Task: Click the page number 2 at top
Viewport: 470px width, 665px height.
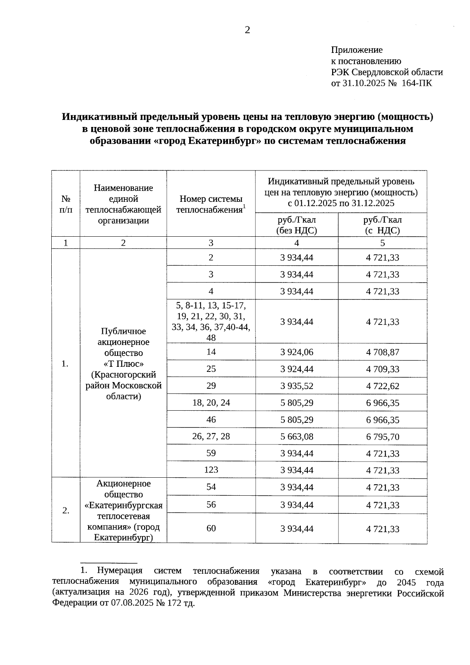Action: (x=247, y=30)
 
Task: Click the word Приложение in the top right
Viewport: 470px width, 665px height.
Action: (x=356, y=50)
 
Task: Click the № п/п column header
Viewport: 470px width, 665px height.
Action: (x=66, y=204)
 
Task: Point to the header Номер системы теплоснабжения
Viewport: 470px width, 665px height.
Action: (x=211, y=204)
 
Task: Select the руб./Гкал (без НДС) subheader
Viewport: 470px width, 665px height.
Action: (x=296, y=225)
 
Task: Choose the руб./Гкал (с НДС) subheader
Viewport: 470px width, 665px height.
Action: (x=382, y=225)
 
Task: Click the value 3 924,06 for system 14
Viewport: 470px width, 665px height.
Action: (x=296, y=352)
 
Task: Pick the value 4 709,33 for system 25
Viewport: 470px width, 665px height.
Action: (x=383, y=369)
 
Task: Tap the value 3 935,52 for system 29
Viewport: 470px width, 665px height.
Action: (x=296, y=386)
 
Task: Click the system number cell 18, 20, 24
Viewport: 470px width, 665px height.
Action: (x=211, y=403)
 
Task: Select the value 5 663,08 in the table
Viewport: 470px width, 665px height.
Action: (x=296, y=437)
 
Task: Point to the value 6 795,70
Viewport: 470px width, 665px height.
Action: (x=383, y=437)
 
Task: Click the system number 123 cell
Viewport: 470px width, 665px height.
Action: (x=211, y=470)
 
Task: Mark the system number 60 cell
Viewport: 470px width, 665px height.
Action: (x=211, y=528)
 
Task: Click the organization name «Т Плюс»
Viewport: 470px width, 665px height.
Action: (x=123, y=364)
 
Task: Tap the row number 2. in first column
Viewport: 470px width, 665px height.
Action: (x=66, y=511)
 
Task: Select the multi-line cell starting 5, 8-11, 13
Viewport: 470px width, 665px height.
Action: (x=211, y=321)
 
